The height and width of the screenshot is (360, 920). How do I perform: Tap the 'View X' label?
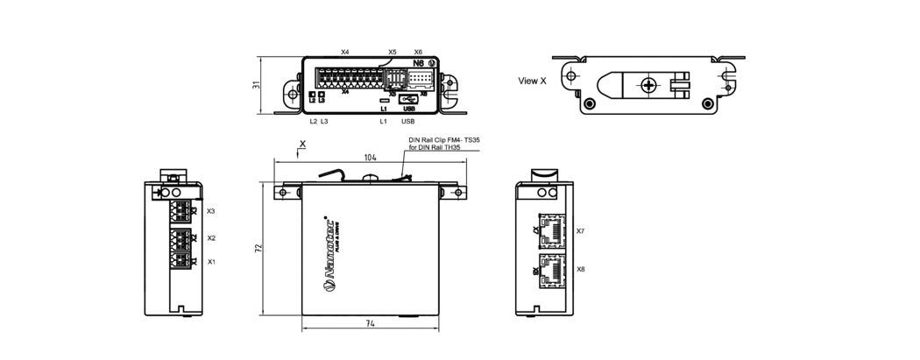(x=532, y=81)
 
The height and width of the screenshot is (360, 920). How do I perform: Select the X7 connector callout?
(x=580, y=231)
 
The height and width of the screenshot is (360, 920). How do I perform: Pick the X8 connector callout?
(x=580, y=269)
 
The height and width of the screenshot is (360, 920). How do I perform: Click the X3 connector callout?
(x=210, y=211)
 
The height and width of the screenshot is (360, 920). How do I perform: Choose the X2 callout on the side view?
(x=210, y=237)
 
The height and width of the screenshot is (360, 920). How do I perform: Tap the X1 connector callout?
(x=210, y=262)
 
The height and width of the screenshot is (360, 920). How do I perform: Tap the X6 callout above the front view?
(x=418, y=53)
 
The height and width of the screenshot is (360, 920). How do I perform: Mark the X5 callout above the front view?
(x=393, y=53)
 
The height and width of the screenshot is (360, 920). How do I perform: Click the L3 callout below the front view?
(x=324, y=121)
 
